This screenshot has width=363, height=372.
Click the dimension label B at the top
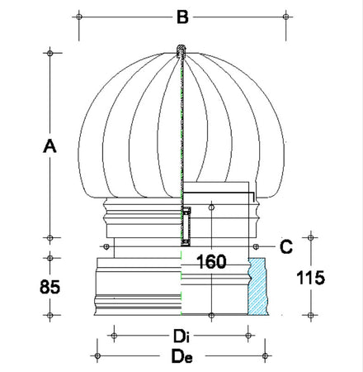[x=183, y=15]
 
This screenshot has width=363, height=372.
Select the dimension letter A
[x=49, y=145]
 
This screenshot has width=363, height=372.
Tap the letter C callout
[x=285, y=246]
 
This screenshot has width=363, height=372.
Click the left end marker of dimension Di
[x=114, y=336]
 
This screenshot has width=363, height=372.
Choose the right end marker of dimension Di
[x=249, y=336]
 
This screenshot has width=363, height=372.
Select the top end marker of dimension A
[x=50, y=52]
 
